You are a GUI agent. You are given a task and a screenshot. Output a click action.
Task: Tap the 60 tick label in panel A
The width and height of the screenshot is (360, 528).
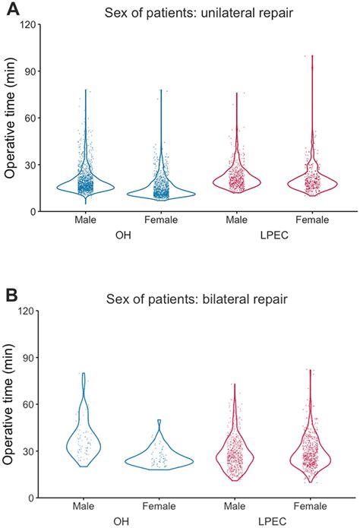32,118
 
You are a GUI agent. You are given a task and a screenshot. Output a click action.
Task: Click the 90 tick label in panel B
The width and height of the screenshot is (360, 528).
32,357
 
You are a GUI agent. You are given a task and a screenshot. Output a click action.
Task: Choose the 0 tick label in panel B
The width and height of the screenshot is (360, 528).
35,498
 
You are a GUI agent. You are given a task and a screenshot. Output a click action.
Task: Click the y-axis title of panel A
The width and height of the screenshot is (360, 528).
11,118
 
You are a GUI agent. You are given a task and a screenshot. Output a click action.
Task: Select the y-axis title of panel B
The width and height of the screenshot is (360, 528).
11,404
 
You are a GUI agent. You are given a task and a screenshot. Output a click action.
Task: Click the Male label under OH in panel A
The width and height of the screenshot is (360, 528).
84,221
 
